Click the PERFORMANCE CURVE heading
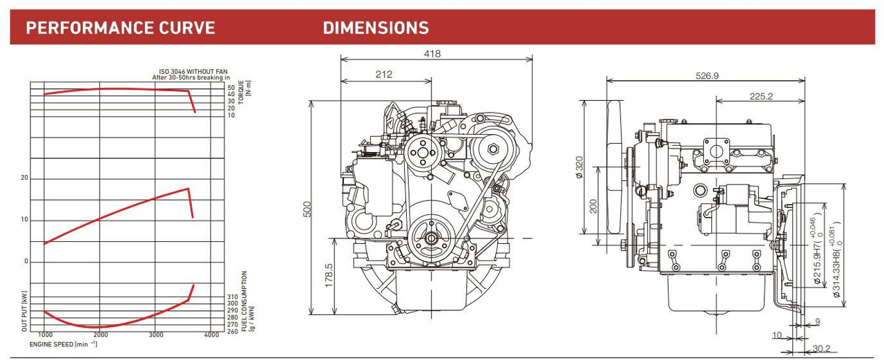[x=120, y=28]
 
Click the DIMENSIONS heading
[x=376, y=28]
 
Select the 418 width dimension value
[x=432, y=54]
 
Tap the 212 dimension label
[x=384, y=75]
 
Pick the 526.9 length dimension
[x=707, y=75]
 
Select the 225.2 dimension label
[x=760, y=97]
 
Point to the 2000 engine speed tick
[x=100, y=334]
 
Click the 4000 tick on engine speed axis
[x=212, y=334]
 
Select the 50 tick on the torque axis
[x=231, y=88]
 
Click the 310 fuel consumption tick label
[x=232, y=296]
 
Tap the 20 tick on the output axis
[x=25, y=178]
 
